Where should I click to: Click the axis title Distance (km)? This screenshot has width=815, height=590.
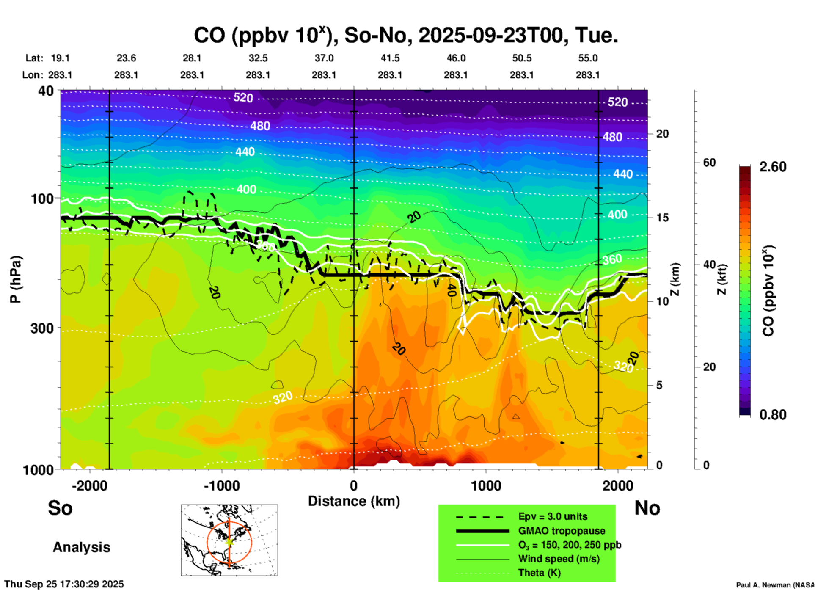354,501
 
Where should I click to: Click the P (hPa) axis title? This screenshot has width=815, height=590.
15,279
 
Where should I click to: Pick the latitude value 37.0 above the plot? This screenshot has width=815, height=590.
324,58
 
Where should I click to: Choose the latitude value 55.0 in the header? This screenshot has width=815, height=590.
587,58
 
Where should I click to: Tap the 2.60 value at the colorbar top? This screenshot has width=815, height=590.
773,167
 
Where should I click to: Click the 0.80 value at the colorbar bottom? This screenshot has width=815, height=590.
773,415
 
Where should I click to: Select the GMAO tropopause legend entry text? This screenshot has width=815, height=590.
562,531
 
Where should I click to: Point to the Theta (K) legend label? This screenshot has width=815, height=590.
539,573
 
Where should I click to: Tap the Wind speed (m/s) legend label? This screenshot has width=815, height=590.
559,559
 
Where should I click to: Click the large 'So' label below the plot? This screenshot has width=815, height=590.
60,508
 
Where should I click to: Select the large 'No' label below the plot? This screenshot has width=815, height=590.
647,508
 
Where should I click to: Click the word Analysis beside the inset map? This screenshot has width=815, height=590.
81,547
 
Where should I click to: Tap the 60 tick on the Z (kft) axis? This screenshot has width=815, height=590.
709,163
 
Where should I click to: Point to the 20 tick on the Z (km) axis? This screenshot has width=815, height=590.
662,134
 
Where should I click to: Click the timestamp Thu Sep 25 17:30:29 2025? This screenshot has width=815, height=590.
64,584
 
